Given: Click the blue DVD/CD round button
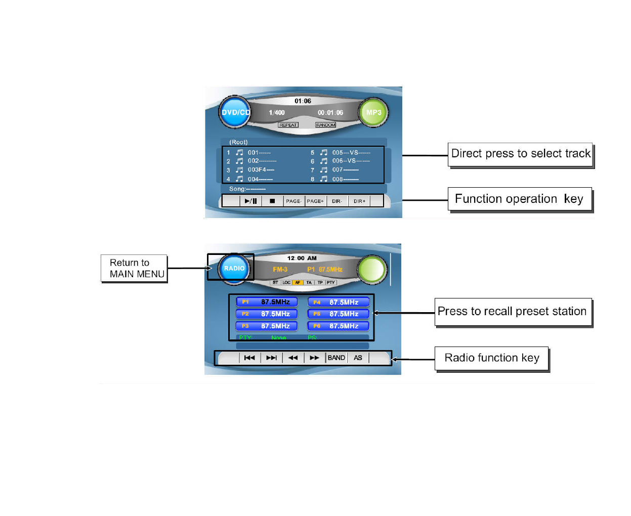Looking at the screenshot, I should click(234, 112).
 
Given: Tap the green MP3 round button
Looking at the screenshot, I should click(373, 112).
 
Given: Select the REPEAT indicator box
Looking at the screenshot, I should click(288, 125).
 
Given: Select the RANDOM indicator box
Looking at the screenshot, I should click(325, 125).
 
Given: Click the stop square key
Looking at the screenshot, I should click(272, 201).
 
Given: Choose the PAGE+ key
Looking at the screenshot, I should click(315, 201).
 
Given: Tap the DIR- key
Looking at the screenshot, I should click(337, 201).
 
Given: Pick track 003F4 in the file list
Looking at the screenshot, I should click(261, 170).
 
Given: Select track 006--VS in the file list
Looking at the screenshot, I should click(351, 161).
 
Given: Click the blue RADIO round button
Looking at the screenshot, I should click(234, 268).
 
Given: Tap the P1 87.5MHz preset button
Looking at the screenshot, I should click(267, 302).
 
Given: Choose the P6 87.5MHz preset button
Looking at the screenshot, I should click(338, 326).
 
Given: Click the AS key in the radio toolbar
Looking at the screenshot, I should click(358, 358).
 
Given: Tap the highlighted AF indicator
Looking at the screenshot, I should click(298, 283).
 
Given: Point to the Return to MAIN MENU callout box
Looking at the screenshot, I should click(134, 269).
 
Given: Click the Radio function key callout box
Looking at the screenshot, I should click(492, 358).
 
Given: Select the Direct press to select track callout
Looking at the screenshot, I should click(520, 154).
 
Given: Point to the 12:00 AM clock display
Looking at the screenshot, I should click(302, 258).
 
